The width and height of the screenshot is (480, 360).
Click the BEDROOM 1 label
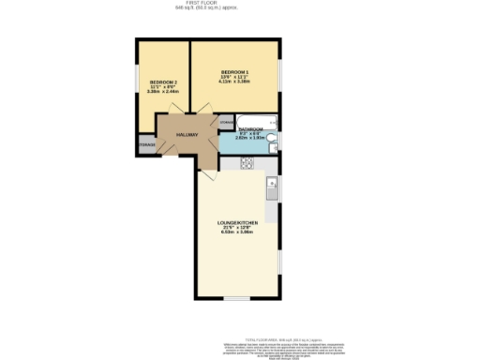(234, 71)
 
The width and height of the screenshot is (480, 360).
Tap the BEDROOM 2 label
(162, 82)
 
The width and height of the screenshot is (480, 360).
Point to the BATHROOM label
(250, 129)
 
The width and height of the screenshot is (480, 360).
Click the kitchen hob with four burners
(247, 163)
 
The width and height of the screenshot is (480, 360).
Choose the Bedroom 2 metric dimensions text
(162, 92)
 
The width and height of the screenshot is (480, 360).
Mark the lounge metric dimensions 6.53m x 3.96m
(237, 232)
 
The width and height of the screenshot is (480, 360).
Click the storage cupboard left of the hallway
(146, 144)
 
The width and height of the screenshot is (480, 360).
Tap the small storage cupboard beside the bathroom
(226, 123)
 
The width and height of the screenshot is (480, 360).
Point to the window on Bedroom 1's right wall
(279, 76)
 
